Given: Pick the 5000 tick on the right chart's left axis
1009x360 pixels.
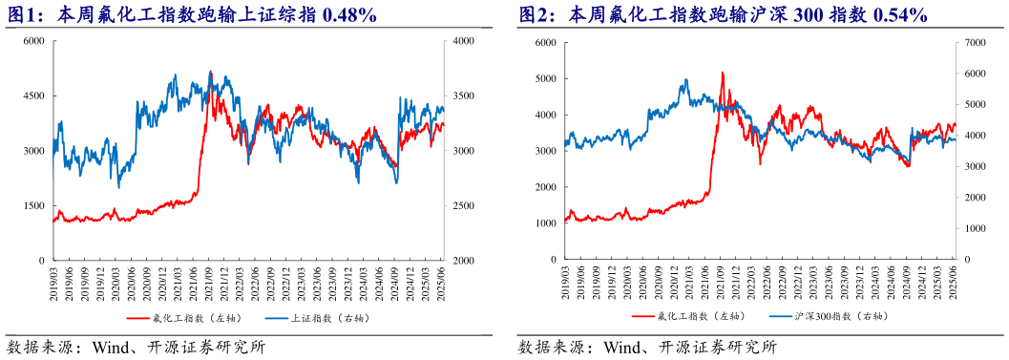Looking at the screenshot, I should coord(545,79).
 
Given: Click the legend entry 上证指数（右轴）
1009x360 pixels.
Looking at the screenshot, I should coord(315,315).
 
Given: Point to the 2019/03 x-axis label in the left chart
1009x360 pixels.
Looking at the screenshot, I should coord(54,281).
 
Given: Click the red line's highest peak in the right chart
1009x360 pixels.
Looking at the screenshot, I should coord(722,73).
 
